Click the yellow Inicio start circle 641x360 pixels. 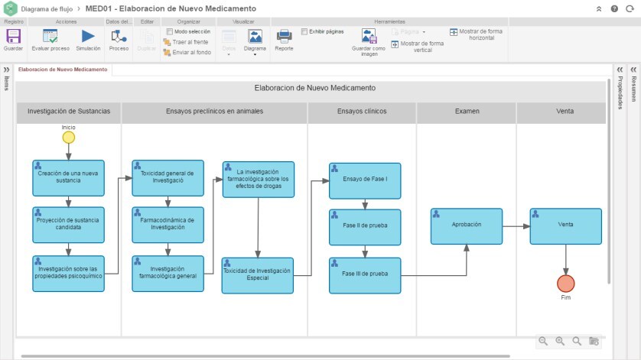69,138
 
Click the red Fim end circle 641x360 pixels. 565,284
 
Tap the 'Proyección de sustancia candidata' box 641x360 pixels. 68,225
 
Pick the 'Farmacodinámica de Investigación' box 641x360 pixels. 168,225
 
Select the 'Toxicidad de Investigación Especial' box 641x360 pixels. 258,275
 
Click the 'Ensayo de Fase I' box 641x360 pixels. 365,181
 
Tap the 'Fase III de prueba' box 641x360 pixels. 365,275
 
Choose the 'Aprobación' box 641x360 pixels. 467,226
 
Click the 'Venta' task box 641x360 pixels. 565,226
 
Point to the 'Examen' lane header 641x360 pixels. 467,112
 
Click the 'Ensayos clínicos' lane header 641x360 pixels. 362,112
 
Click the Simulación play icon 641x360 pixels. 88,36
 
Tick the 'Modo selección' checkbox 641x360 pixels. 169,32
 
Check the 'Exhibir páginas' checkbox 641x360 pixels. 304,32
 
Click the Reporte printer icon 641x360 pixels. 284,36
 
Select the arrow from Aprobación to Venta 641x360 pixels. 516,226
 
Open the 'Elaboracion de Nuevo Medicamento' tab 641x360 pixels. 63,70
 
